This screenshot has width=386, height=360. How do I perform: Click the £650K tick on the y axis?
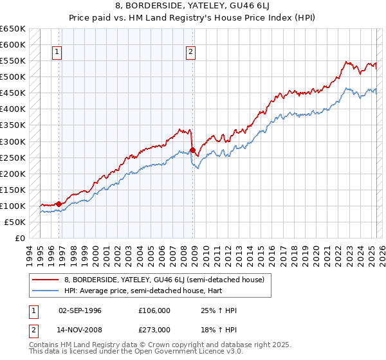(x=14, y=29)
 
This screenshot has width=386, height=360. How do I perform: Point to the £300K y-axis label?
(x=14, y=141)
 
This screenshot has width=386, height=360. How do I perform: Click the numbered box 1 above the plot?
(x=58, y=53)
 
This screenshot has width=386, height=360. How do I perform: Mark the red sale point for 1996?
(x=59, y=204)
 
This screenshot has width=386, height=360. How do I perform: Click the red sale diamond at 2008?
(x=192, y=150)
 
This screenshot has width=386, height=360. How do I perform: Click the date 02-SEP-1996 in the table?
(x=80, y=310)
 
